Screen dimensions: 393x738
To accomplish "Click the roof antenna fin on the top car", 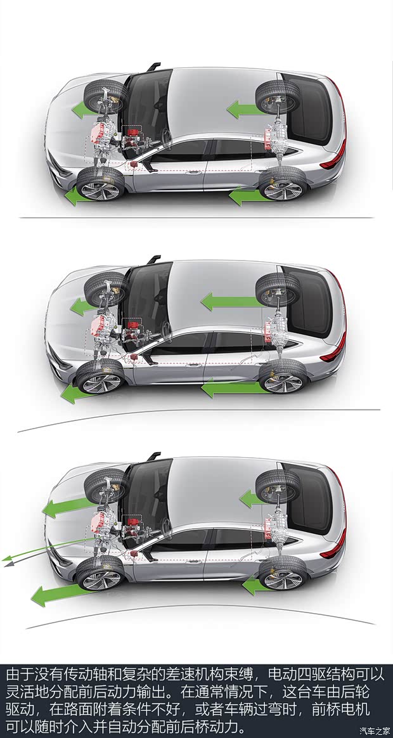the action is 153,67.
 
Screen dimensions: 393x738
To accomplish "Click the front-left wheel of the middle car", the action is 100,377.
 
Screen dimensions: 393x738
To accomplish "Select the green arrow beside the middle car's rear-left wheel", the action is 231,388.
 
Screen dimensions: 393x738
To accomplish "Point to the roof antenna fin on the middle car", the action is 153,260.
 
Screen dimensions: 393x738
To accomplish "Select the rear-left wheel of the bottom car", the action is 283,573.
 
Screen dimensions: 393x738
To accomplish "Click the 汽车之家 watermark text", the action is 375,730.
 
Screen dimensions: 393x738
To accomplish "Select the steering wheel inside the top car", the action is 165,136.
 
